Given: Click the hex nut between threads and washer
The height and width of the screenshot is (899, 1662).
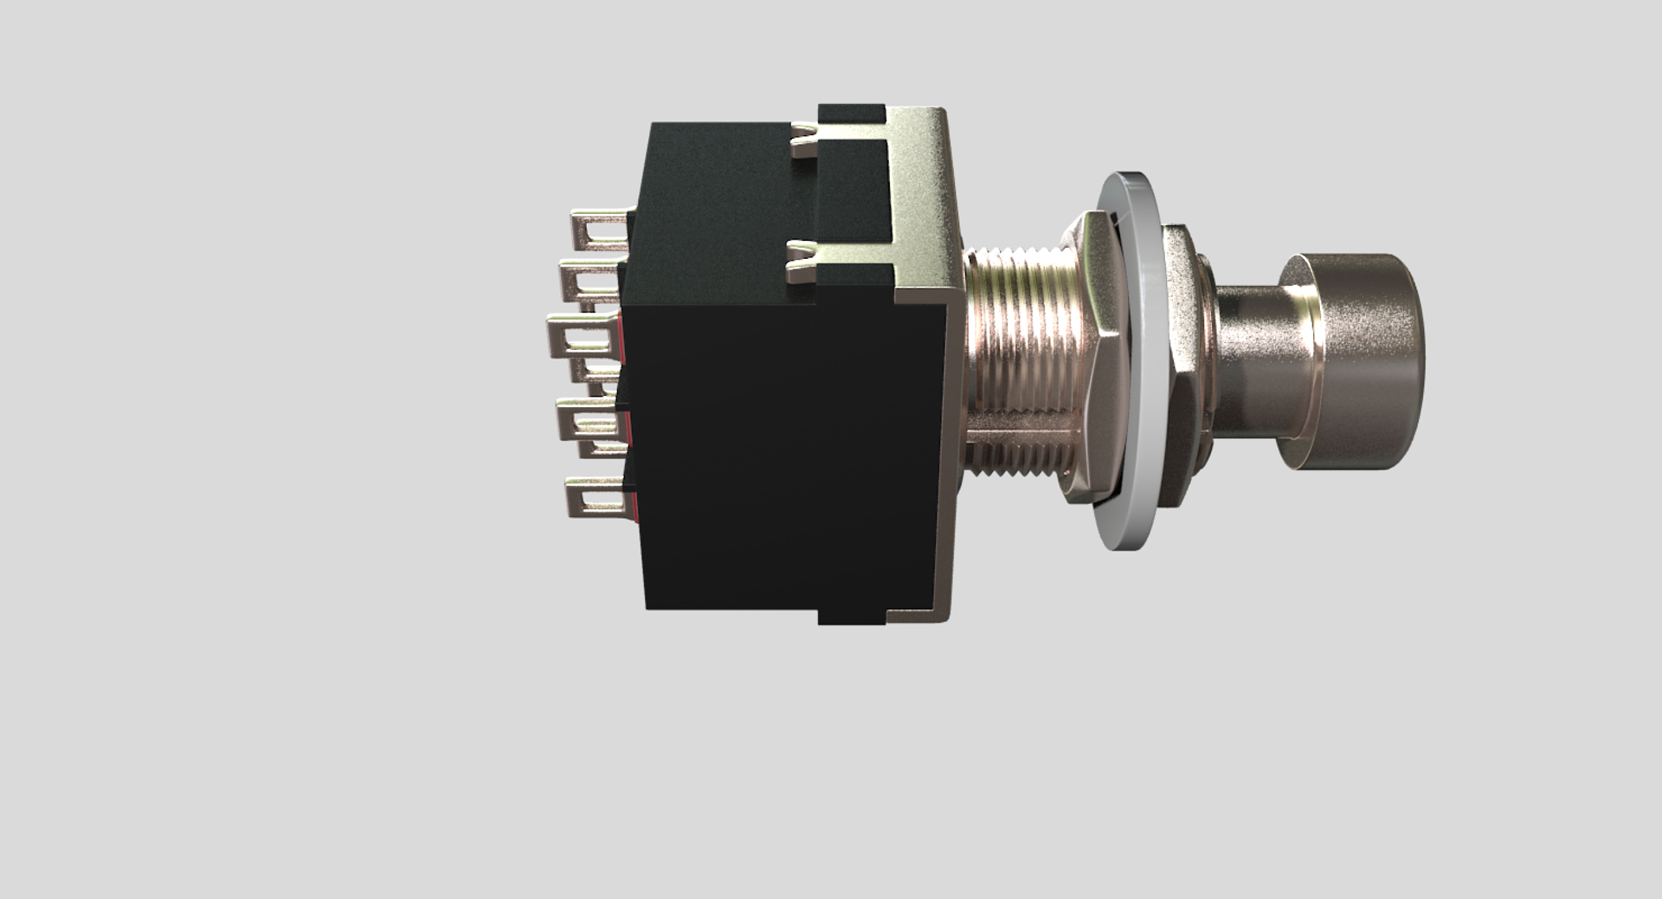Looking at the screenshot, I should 1084,359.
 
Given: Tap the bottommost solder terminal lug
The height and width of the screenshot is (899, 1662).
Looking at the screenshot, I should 596,497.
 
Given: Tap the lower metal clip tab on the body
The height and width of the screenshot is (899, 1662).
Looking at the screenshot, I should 802,261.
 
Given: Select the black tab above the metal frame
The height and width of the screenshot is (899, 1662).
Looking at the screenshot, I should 852,113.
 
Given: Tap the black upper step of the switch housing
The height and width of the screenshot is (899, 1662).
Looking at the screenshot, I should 718,208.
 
